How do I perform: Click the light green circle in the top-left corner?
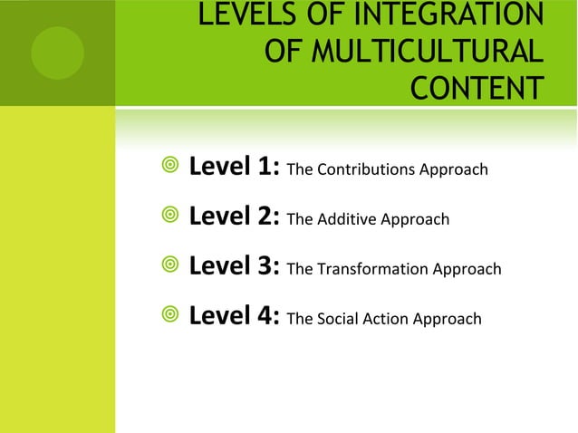point(57,53)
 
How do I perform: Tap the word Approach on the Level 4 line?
point(447,319)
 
